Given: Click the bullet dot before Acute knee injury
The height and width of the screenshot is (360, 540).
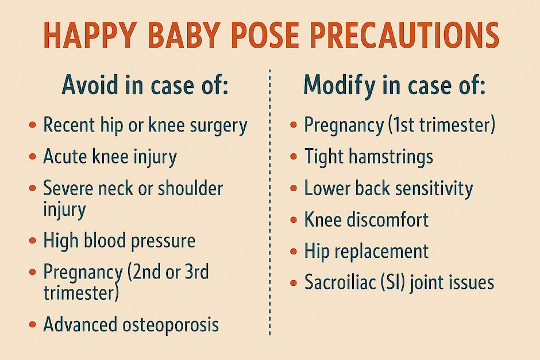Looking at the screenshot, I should [32, 157].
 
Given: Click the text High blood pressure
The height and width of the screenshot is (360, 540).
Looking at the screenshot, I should [119, 240].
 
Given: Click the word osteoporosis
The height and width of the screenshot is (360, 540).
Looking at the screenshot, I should [171, 324].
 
